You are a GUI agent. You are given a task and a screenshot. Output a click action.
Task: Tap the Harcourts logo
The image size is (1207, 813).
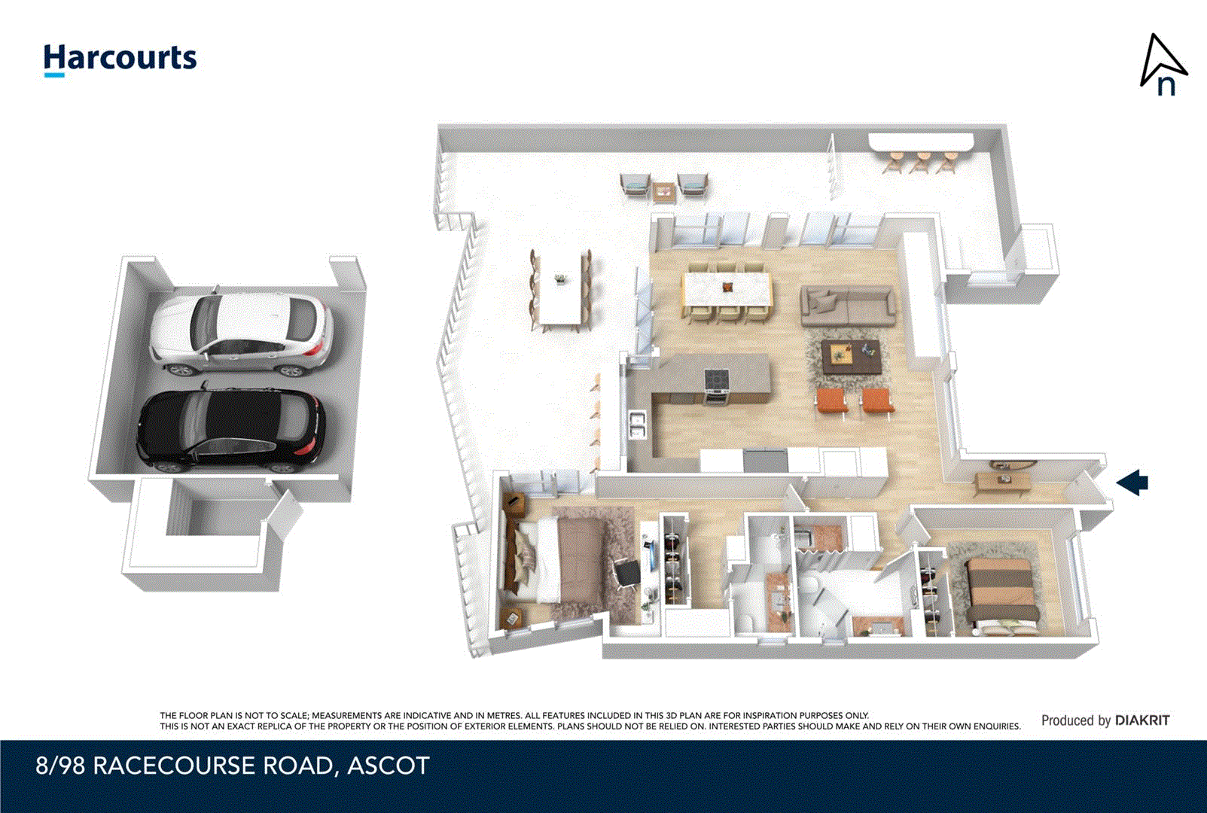point(120,59)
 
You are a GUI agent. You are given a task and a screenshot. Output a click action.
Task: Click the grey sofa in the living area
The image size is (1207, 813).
point(848,305)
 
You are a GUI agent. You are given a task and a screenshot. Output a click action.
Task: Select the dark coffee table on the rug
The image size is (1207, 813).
point(850,356)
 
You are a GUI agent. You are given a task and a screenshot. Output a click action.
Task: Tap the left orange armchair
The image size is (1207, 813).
point(831,400)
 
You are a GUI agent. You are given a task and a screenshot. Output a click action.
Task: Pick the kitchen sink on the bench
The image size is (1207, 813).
point(637,425)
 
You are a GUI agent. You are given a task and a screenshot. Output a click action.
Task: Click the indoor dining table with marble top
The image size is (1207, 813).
point(727,289)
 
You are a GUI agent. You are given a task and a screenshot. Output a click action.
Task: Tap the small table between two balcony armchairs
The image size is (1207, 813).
point(663,192)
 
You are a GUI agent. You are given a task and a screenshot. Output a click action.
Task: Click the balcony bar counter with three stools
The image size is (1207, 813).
point(921,143)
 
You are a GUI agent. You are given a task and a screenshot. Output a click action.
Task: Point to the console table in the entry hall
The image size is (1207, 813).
point(1002,483)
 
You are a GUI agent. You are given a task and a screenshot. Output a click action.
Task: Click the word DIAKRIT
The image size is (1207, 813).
point(1142,720)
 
